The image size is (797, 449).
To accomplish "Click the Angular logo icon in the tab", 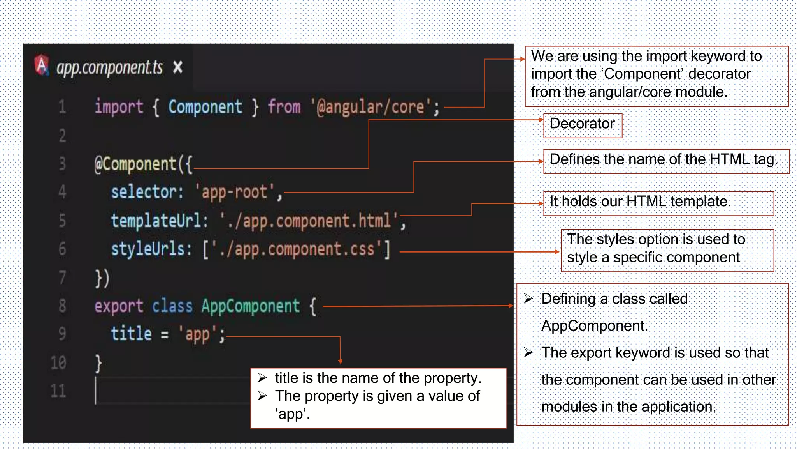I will [x=42, y=65].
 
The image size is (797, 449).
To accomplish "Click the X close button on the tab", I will [x=177, y=67].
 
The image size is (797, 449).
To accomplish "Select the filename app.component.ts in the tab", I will [x=110, y=68].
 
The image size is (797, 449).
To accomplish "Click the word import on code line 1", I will [x=119, y=107].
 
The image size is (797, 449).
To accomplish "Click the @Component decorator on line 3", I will [x=136, y=164].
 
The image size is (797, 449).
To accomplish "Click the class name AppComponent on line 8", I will [x=250, y=306].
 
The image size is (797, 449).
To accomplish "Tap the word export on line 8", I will [x=119, y=306].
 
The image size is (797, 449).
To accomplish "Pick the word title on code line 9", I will [x=131, y=334].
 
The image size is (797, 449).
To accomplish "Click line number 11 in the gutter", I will [x=58, y=391].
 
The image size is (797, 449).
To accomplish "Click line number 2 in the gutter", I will [x=62, y=136].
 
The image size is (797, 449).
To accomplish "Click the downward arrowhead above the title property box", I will [x=340, y=362].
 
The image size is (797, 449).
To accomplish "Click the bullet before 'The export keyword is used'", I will [x=528, y=353].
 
